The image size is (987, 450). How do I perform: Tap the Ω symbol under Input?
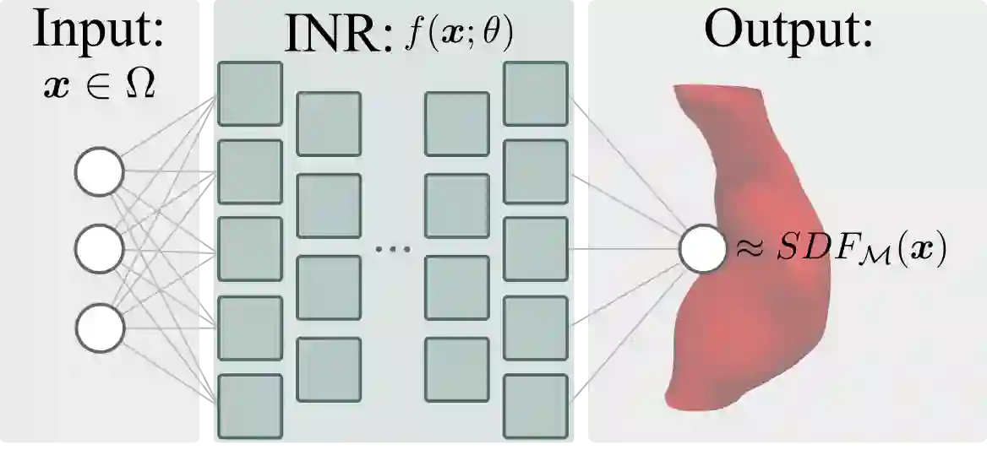[139, 85]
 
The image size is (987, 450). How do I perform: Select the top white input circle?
[100, 172]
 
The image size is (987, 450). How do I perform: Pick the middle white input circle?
[100, 249]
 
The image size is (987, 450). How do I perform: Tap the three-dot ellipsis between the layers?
[392, 250]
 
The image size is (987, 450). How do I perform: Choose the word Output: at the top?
[788, 30]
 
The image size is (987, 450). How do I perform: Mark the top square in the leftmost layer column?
[250, 94]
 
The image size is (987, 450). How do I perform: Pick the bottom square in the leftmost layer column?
[250, 405]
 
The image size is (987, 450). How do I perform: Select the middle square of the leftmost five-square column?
[250, 249]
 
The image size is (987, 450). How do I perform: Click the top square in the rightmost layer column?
[535, 94]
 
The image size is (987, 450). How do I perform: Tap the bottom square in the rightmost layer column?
[535, 405]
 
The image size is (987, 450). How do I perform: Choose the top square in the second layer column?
[329, 123]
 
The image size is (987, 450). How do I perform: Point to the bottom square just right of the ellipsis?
[456, 369]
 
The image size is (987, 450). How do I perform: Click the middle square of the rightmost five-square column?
[535, 249]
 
